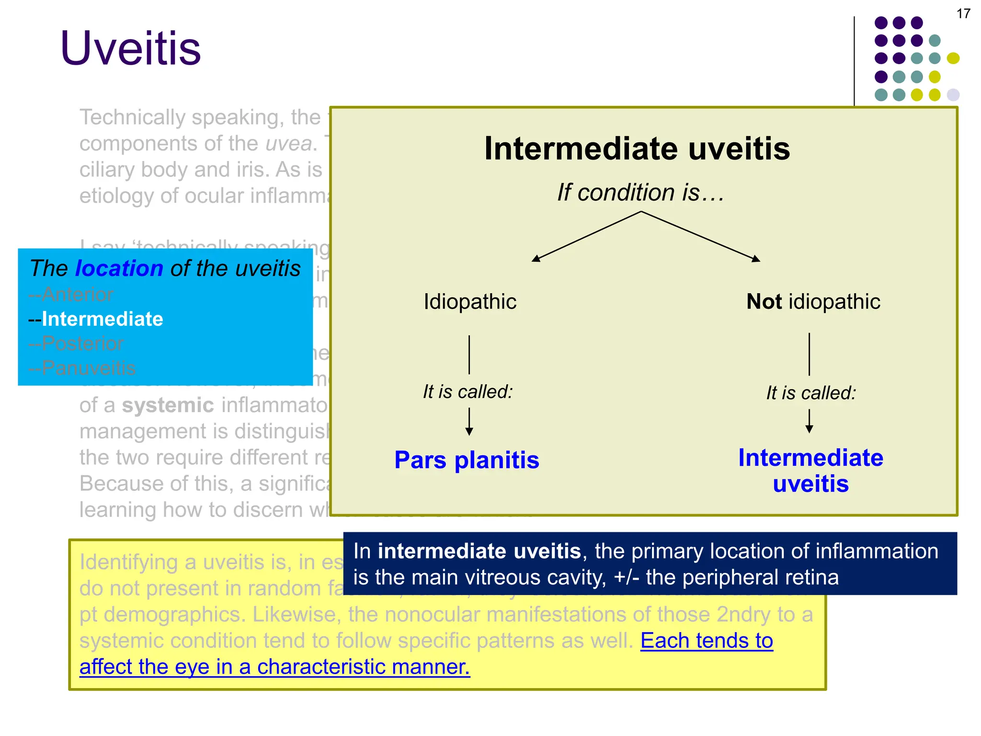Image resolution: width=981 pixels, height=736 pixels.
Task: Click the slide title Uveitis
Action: (x=130, y=48)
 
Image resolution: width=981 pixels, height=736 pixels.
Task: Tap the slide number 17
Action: (x=963, y=14)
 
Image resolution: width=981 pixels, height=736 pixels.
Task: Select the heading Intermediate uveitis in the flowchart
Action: (x=637, y=149)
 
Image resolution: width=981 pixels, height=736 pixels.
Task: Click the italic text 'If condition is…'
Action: (x=640, y=193)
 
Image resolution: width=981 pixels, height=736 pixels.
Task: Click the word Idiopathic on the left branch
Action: (x=470, y=302)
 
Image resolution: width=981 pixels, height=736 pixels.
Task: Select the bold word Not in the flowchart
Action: (x=764, y=302)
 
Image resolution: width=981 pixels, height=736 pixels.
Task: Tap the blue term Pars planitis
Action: (x=467, y=460)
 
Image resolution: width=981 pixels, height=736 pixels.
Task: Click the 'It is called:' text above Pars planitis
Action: (x=468, y=392)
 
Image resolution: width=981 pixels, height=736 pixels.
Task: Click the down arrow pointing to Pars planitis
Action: (x=469, y=422)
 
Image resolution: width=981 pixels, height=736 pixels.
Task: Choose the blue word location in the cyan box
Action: (x=119, y=268)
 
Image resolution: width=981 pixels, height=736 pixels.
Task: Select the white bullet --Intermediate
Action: (x=96, y=319)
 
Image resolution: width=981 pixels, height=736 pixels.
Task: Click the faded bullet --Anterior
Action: (x=71, y=294)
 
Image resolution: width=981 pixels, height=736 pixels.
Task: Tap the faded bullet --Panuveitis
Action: (x=82, y=368)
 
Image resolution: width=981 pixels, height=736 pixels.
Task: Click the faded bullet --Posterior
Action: (x=76, y=344)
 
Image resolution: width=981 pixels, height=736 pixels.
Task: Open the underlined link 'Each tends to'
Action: (x=707, y=641)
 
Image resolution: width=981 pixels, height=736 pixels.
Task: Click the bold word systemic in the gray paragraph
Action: (x=168, y=405)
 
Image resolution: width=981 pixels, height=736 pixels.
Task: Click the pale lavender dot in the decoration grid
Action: (x=953, y=95)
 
